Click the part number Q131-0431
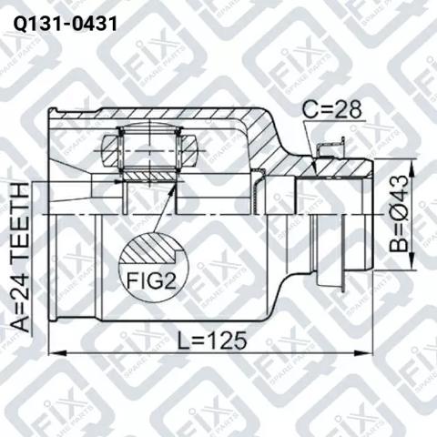65,24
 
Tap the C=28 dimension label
332,109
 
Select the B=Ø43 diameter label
399,214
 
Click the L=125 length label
212,340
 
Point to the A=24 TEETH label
20,257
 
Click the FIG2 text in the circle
151,280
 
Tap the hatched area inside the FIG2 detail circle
148,248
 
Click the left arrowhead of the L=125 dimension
57,353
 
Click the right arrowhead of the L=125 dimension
363,353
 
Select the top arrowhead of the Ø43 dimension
412,168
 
